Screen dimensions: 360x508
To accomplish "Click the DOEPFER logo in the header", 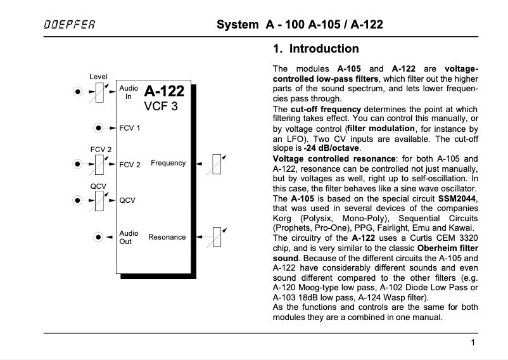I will [x=70, y=26].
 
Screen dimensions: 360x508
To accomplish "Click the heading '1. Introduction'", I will [x=315, y=49].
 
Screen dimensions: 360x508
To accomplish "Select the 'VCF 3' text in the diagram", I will [x=161, y=106].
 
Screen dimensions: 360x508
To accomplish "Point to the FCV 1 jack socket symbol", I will [x=98, y=128].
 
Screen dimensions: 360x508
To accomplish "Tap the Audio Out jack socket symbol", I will [x=98, y=237].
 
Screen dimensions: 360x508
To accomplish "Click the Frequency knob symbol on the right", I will [x=217, y=164].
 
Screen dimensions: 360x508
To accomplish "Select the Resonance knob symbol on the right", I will [x=217, y=236].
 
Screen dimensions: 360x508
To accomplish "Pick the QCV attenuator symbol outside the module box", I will [x=98, y=200].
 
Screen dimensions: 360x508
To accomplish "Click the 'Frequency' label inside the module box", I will [x=168, y=164].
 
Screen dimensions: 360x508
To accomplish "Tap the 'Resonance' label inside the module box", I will [x=167, y=237].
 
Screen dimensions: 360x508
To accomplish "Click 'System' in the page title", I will [x=235, y=26].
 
